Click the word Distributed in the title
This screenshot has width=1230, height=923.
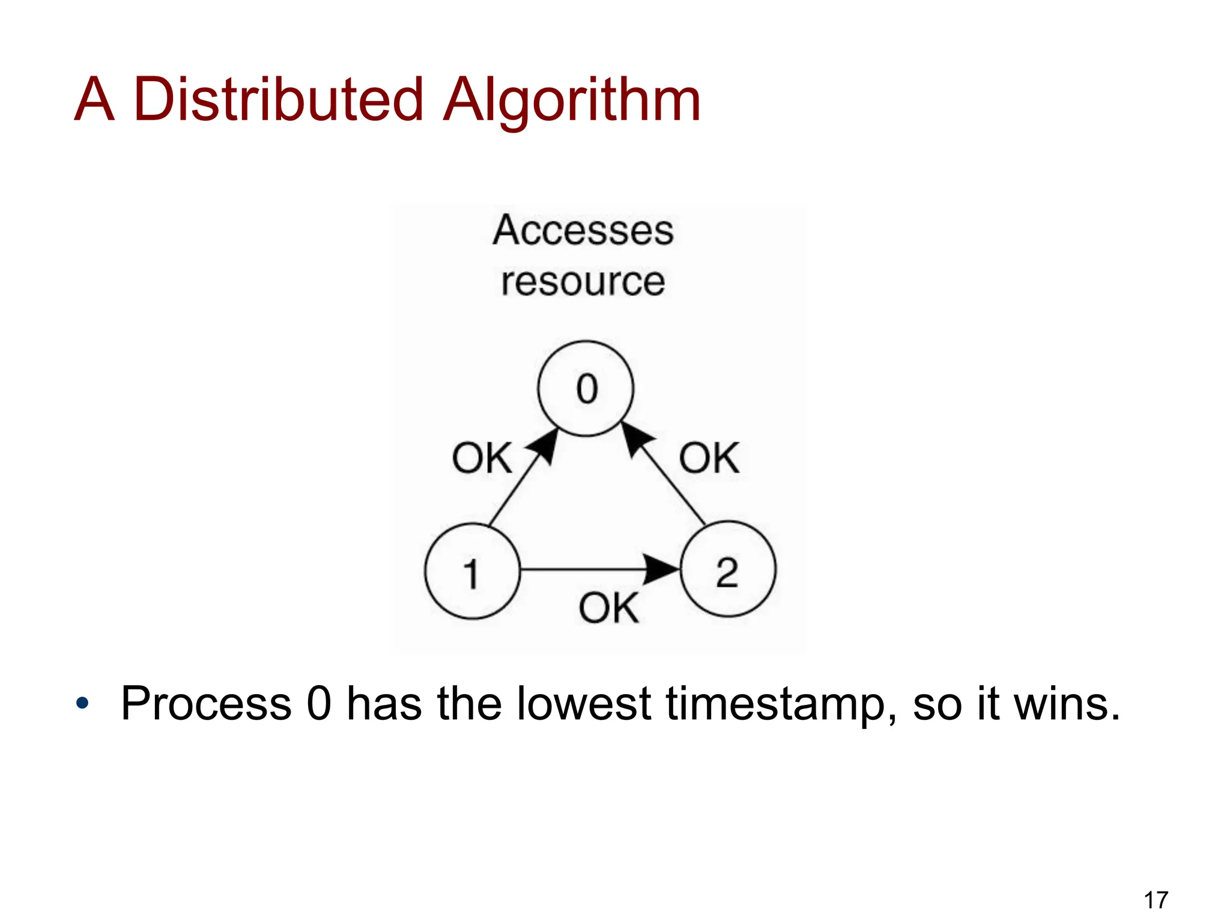point(279,99)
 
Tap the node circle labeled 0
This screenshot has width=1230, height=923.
point(586,388)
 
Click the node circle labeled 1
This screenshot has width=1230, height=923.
point(472,571)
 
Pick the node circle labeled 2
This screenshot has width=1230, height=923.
point(727,569)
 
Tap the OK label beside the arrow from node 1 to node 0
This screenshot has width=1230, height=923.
point(482,458)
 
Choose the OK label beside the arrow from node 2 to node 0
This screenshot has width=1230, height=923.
point(709,458)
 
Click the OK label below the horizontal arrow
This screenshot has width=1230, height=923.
point(608,608)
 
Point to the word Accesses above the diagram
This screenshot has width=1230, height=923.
point(583,230)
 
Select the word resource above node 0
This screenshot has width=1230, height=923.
point(583,281)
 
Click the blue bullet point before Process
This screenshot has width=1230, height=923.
point(82,702)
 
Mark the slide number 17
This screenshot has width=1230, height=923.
point(1156,900)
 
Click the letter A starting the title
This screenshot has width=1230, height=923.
point(94,99)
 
